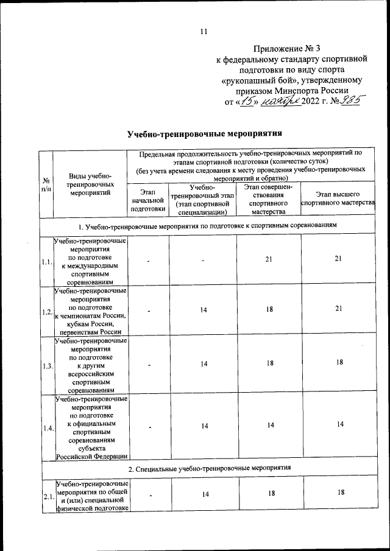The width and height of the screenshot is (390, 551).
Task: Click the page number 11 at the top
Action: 204,32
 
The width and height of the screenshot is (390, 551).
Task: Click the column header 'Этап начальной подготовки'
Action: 148,200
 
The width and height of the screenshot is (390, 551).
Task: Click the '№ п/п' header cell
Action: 46,185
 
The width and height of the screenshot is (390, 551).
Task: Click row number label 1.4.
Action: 46,428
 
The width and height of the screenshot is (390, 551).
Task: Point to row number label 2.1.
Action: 46,497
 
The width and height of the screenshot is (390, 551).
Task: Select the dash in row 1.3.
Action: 148,364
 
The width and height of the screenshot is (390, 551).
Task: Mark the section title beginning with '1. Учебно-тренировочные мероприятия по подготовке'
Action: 207,226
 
